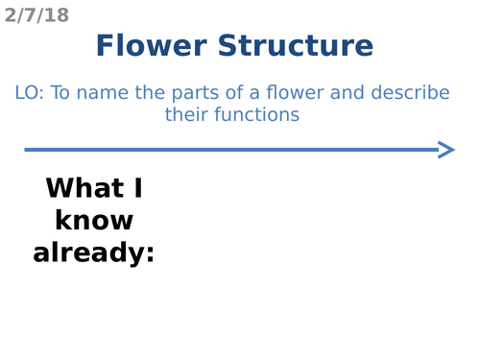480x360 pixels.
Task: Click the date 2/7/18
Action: coord(36,14)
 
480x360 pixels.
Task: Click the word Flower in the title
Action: coord(153,45)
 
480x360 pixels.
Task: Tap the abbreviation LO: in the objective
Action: coord(30,94)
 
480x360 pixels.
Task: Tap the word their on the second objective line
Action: coord(186,115)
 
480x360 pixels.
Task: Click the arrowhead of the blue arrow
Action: coord(446,149)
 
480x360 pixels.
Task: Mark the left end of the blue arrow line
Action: coord(27,149)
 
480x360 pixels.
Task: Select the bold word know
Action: coord(94,220)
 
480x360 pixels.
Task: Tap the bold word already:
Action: coord(92,252)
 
